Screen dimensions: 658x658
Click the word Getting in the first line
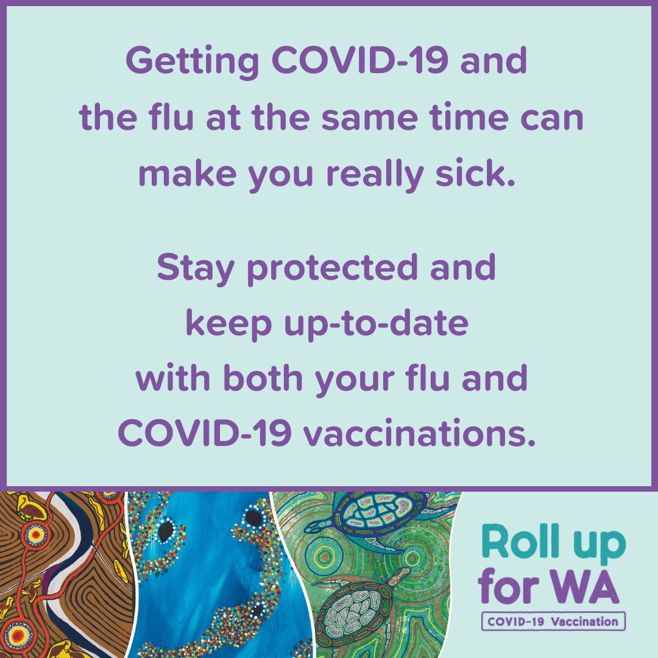click(x=192, y=62)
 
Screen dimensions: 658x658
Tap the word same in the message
click(x=370, y=118)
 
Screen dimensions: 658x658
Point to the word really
click(x=375, y=174)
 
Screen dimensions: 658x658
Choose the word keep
click(x=228, y=324)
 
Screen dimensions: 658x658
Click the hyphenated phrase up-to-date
click(x=376, y=324)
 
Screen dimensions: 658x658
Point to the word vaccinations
click(x=420, y=433)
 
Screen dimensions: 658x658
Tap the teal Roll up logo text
click(x=553, y=542)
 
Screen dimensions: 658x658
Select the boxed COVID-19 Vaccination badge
click(x=553, y=621)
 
